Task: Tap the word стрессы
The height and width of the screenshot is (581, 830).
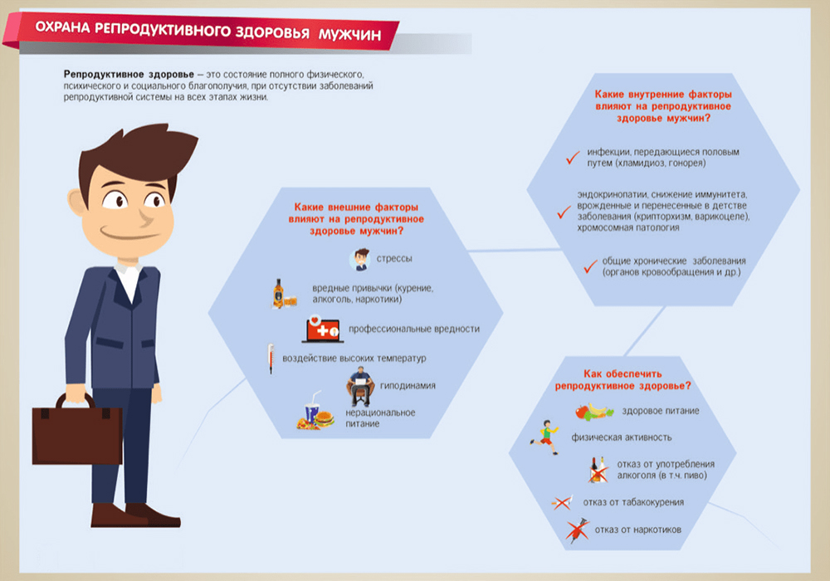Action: (x=395, y=259)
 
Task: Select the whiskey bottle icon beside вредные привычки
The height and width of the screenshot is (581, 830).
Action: (x=278, y=293)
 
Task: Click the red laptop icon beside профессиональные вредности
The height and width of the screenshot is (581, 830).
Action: (x=322, y=329)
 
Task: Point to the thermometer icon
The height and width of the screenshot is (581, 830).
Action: (x=270, y=359)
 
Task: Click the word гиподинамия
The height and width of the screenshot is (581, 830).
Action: (x=408, y=385)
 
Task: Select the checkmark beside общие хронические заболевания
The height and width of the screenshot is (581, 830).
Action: (x=590, y=266)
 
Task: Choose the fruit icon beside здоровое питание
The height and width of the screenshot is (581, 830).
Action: (x=594, y=411)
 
